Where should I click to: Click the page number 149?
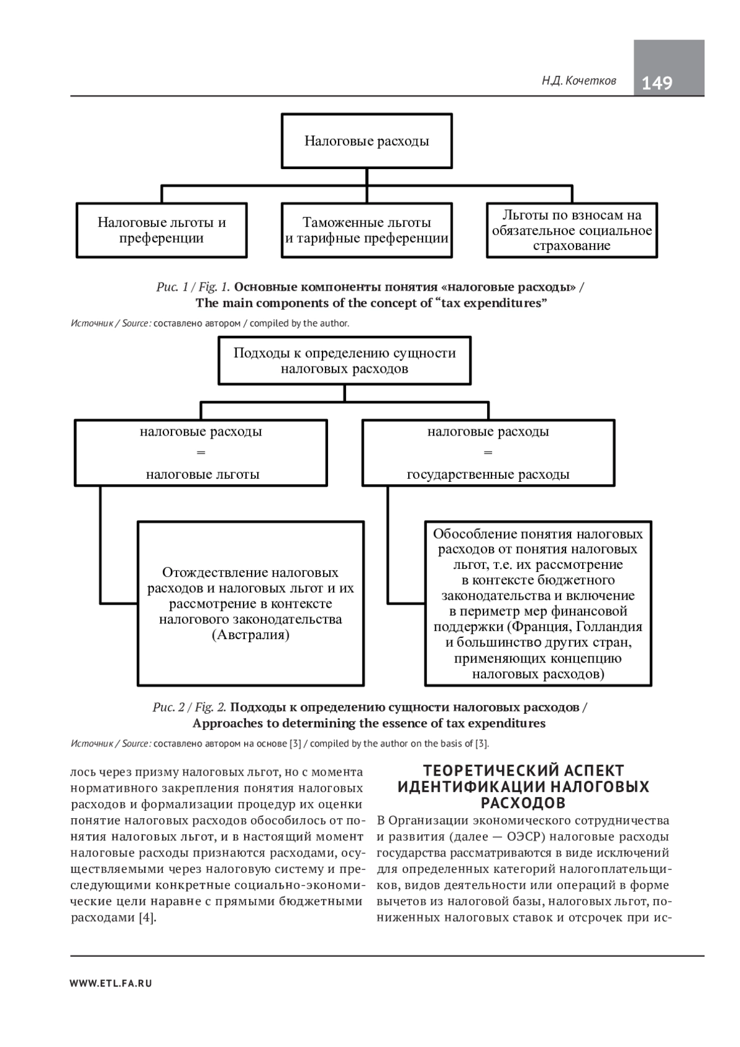click(x=657, y=83)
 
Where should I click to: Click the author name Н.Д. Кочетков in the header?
click(x=579, y=81)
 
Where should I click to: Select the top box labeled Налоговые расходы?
click(x=367, y=141)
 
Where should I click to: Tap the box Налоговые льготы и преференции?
click(x=162, y=230)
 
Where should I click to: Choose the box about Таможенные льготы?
click(x=367, y=230)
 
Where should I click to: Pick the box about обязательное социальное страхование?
click(x=572, y=230)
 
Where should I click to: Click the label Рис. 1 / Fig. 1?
click(x=193, y=287)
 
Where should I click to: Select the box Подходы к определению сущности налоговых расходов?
click(x=345, y=361)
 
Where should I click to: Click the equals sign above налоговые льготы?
click(x=200, y=453)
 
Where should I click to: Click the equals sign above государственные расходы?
click(x=488, y=453)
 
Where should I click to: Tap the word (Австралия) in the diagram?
click(x=250, y=635)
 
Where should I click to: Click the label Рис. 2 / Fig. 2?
click(x=189, y=707)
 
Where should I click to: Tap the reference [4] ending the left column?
click(x=147, y=917)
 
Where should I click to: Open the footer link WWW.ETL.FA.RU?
click(x=111, y=983)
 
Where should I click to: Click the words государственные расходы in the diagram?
click(x=488, y=474)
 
